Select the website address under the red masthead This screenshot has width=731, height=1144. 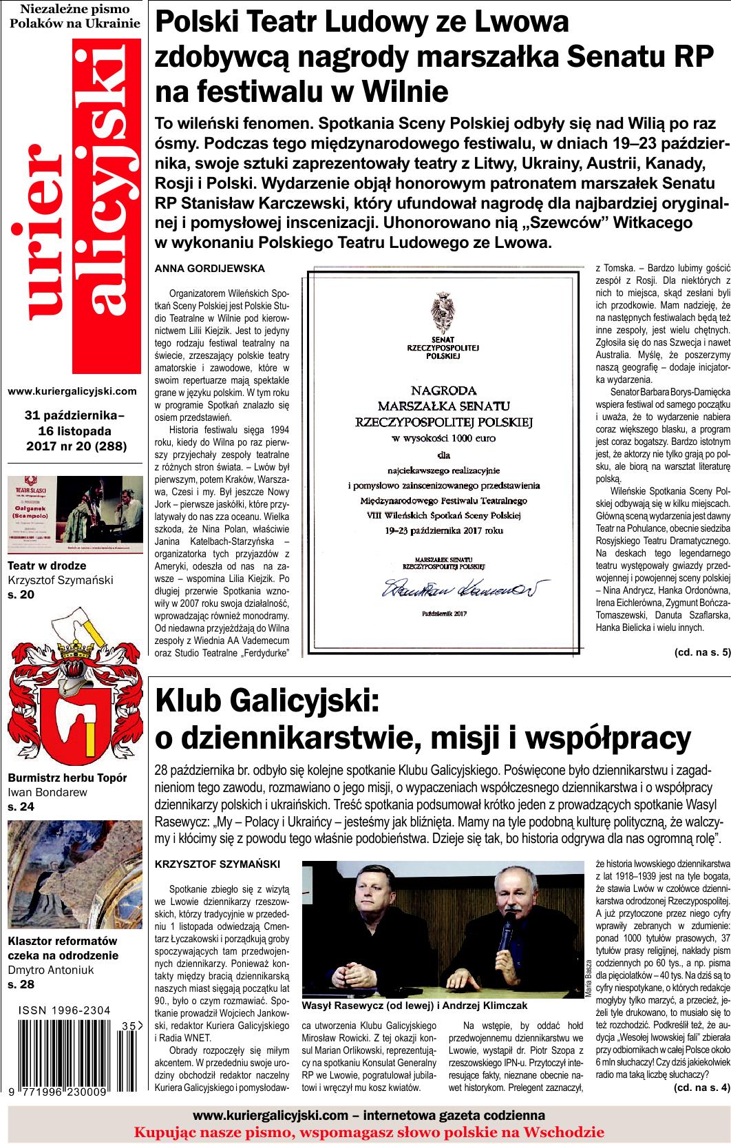click(72, 391)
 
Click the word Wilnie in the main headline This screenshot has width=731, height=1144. click(405, 92)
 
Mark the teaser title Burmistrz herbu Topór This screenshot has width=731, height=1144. click(67, 778)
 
